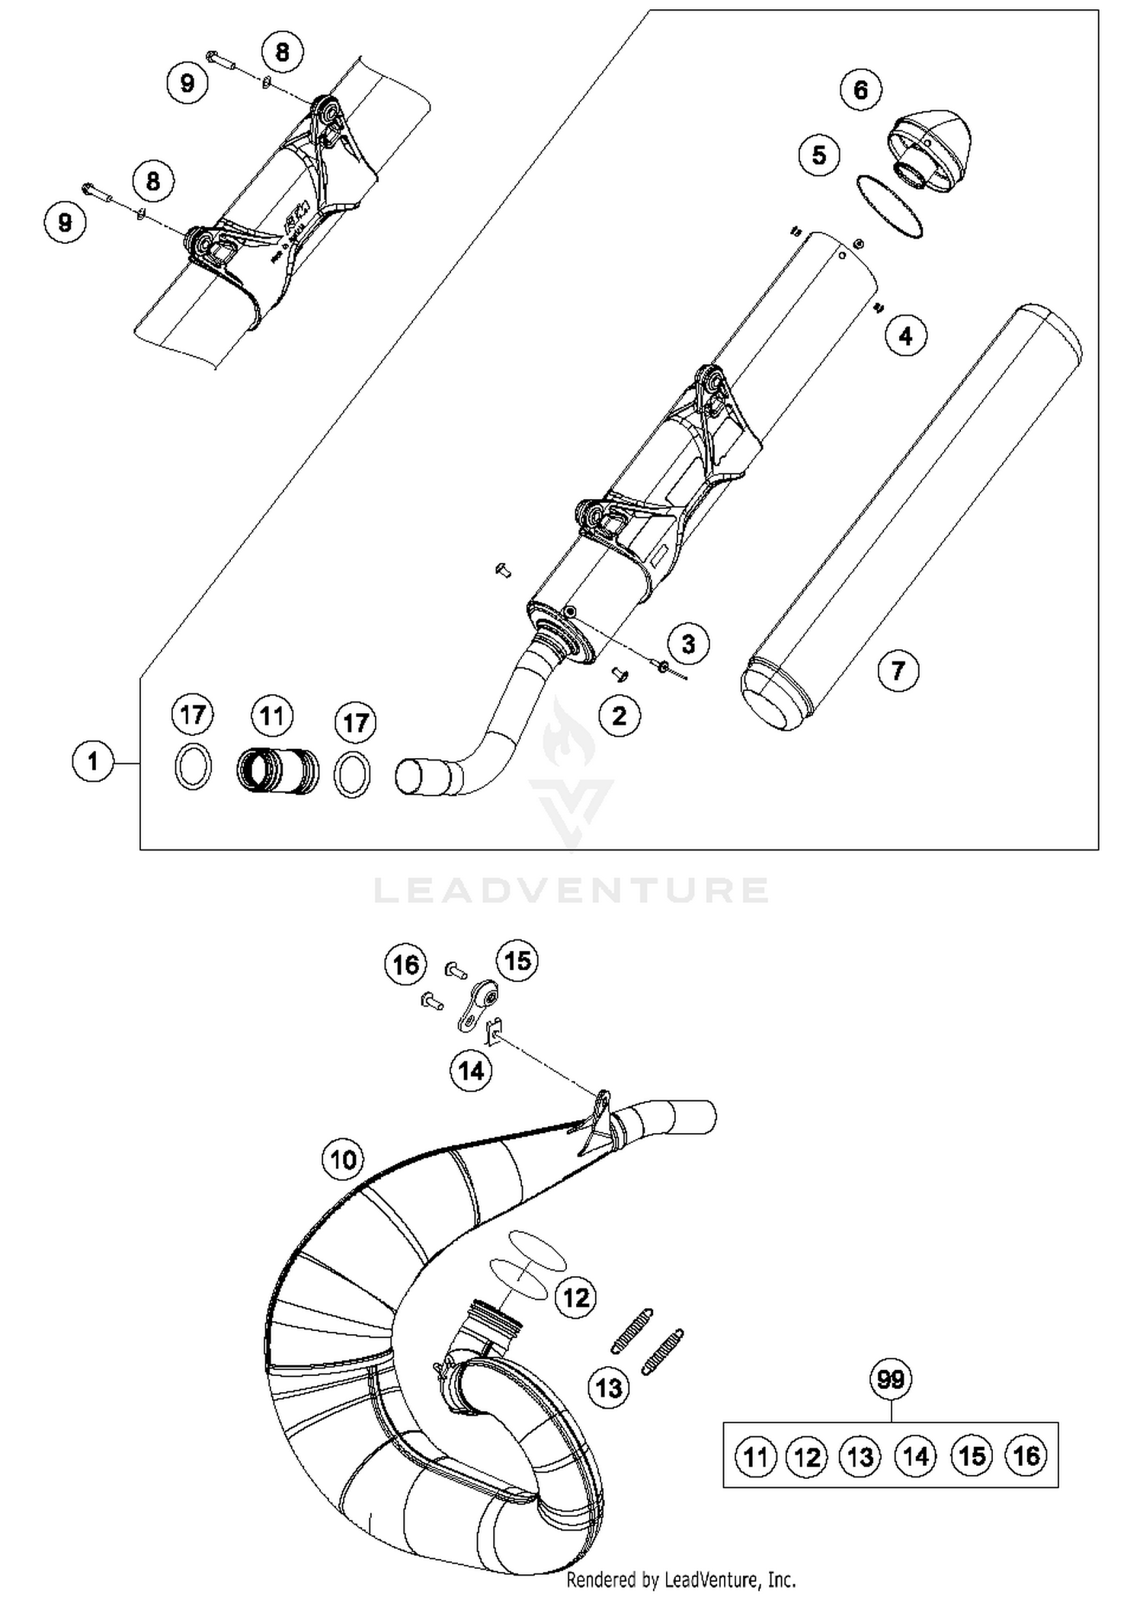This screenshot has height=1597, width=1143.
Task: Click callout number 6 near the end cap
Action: click(860, 90)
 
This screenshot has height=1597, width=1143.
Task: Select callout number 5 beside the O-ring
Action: click(819, 155)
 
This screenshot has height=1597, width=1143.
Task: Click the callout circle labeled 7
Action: click(898, 670)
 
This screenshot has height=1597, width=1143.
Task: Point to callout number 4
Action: click(905, 336)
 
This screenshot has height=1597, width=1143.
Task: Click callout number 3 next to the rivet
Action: click(688, 644)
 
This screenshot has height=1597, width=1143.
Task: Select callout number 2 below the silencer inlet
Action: click(619, 715)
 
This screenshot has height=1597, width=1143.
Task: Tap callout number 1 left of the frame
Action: click(92, 761)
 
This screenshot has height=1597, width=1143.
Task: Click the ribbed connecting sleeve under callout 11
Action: click(277, 772)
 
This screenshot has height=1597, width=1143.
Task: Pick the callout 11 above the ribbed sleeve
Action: click(271, 716)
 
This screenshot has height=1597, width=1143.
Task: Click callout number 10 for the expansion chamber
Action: click(343, 1160)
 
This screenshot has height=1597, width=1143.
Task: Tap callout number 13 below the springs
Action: click(609, 1387)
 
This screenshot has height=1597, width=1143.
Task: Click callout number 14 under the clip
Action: click(471, 1071)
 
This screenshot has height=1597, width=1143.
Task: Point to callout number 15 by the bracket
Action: click(517, 961)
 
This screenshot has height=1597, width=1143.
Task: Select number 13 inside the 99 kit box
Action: click(860, 1456)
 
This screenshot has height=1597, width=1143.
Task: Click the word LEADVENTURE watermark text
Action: click(571, 890)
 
